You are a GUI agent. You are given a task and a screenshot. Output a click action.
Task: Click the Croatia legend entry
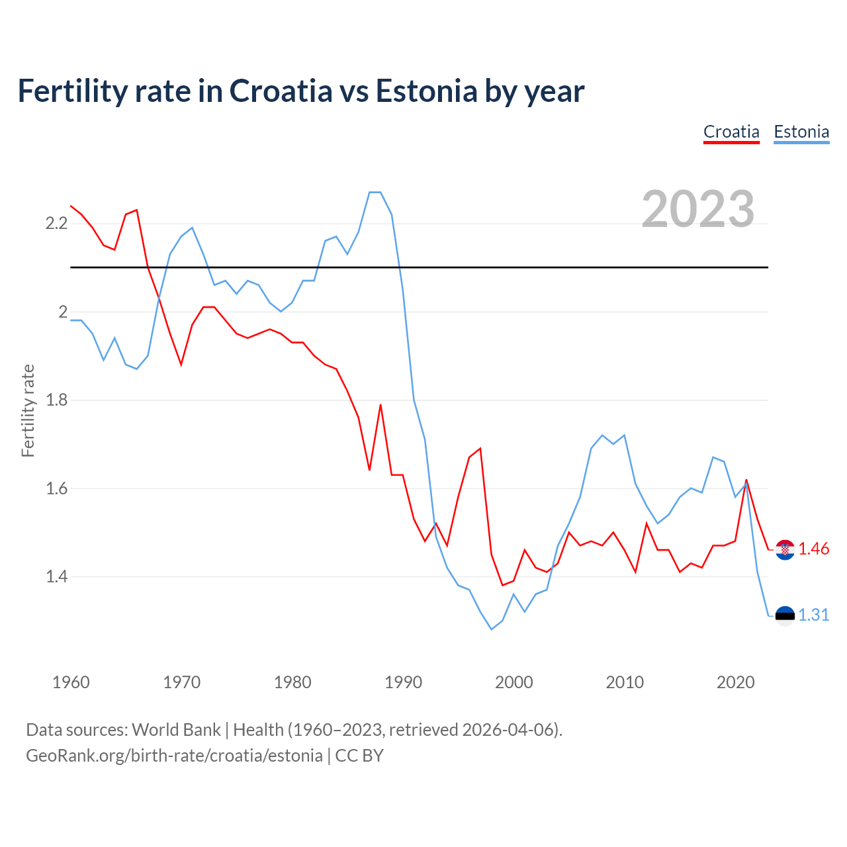click(731, 132)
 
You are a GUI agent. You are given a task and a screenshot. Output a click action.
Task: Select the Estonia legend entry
click(801, 132)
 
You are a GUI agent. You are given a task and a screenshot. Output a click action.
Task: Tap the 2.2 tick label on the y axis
click(56, 224)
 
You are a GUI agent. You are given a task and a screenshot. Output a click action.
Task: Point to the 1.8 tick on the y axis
click(56, 400)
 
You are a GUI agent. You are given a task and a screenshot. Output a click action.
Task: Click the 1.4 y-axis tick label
click(56, 577)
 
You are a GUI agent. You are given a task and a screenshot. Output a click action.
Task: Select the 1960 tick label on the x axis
click(71, 682)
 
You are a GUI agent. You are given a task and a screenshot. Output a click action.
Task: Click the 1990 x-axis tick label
click(403, 682)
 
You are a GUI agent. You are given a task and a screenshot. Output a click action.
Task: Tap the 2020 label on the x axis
click(735, 682)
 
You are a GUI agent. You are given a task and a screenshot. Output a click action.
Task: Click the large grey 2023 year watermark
click(698, 209)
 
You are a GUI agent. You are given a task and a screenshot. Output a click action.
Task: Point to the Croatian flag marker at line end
click(785, 549)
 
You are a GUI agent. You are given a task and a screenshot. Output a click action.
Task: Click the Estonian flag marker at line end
click(785, 615)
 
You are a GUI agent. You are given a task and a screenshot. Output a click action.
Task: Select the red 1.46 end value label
click(813, 549)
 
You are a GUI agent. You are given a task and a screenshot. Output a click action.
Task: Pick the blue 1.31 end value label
click(813, 615)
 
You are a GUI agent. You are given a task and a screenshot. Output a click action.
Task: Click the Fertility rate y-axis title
click(28, 410)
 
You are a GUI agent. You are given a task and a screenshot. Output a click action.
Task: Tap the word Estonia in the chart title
click(426, 91)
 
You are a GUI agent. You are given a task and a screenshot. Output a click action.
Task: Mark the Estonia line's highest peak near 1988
click(375, 193)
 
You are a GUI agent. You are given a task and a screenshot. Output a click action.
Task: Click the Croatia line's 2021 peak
click(746, 480)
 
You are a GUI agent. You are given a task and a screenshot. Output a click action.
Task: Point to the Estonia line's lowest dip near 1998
click(491, 629)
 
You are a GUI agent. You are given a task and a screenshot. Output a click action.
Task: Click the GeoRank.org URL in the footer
click(174, 756)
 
